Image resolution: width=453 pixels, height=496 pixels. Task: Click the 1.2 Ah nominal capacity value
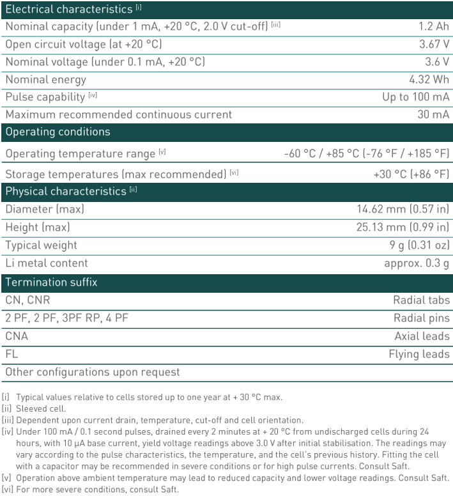pos(434,27)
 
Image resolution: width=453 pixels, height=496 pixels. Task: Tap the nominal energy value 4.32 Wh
pos(429,80)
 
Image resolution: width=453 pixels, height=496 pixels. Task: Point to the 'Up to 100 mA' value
pos(416,97)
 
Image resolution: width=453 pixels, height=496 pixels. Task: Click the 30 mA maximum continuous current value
pos(433,115)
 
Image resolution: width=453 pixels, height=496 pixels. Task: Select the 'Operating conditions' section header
pos(58,132)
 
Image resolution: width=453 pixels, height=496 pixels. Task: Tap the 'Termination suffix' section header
pos(51,283)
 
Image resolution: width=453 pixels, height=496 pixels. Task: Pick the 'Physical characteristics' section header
pos(66,192)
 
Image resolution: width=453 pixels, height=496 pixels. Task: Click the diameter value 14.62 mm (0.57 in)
pos(403,210)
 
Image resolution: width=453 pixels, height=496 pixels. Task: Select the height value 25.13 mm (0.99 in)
pos(403,228)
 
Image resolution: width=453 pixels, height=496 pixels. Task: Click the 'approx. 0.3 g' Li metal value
pos(417,263)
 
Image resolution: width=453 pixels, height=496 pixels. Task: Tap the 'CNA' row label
pos(17,336)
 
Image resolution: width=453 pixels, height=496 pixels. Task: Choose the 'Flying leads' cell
pos(419,354)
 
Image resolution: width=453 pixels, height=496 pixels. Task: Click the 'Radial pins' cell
pos(421,318)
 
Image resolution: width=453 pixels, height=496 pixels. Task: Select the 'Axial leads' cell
pos(422,336)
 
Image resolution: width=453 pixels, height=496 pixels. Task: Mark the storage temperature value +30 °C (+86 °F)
pos(411,174)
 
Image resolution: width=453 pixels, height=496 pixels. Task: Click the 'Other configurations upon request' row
pos(93,372)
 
